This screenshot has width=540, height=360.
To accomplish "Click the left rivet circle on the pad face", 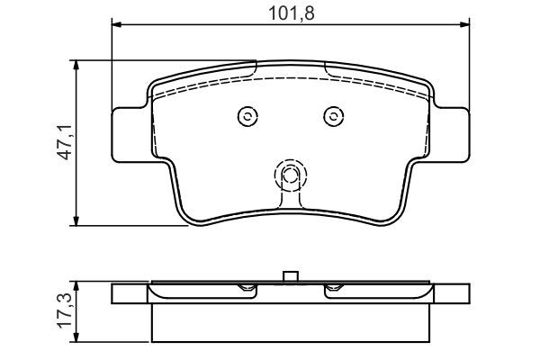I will pos(247,115).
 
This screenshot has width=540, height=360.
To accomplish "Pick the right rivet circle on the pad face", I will pos(332,115).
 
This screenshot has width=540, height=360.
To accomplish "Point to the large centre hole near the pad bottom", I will pos(289,175).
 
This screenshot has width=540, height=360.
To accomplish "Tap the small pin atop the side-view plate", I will pos(289,275).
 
